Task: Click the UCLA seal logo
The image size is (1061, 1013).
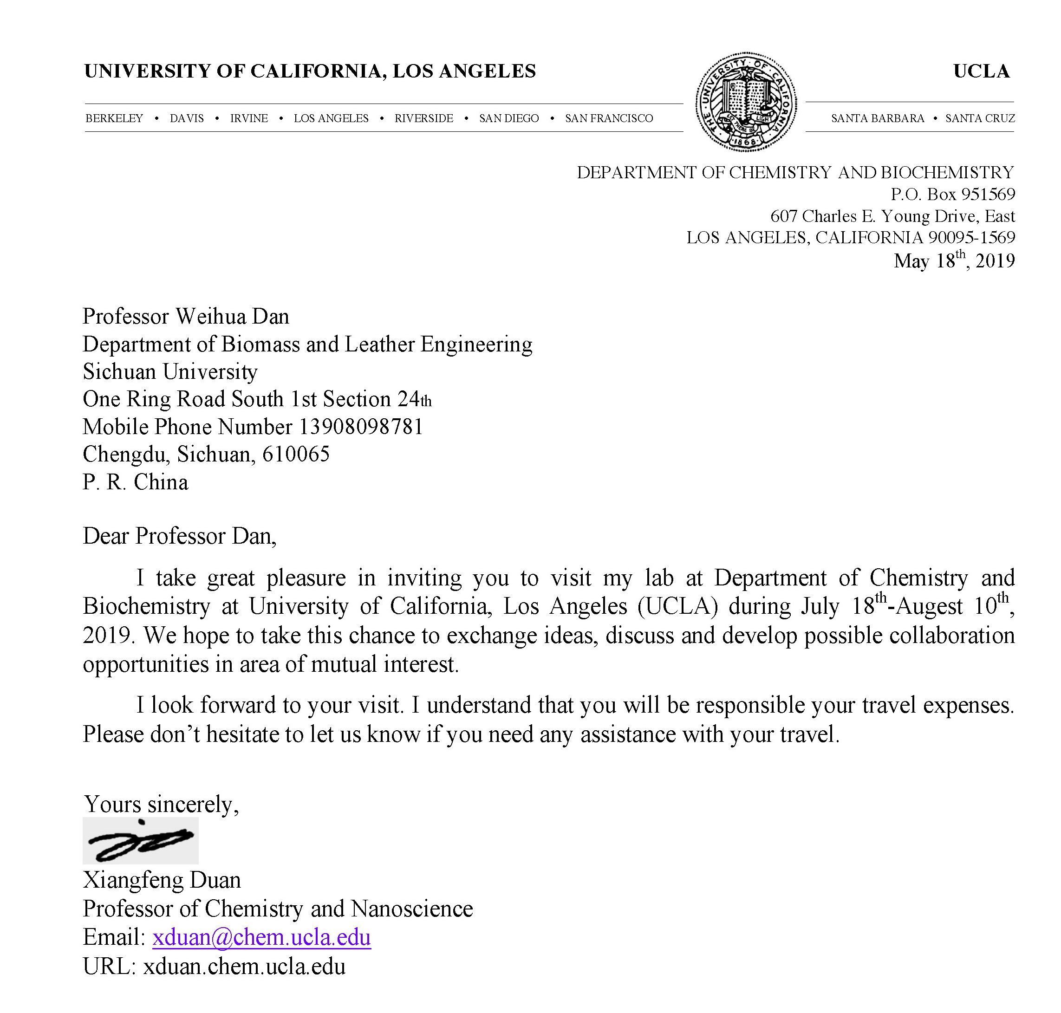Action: pos(746,102)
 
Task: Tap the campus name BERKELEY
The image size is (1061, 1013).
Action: pos(114,118)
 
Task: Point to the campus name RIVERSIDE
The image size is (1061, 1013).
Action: pos(423,118)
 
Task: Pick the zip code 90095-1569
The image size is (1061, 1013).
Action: pos(971,238)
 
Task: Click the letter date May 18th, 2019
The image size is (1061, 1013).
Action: pos(954,261)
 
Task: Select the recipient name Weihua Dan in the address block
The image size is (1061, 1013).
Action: pos(232,317)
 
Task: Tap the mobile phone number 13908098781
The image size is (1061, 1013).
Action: pos(361,427)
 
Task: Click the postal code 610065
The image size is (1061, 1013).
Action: pos(296,455)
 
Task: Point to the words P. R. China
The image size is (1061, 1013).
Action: pos(136,482)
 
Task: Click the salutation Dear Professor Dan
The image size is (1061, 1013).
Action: pos(179,536)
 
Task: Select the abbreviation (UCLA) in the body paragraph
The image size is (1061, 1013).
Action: pos(677,606)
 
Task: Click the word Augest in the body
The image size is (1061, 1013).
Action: pos(929,606)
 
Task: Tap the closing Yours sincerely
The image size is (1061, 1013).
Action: pos(161,805)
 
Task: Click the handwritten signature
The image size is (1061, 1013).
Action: pos(140,841)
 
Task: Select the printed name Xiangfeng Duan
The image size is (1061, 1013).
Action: pos(162,880)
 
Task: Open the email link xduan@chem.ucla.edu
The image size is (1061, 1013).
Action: pos(261,937)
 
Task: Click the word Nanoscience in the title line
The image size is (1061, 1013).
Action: pos(411,909)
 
